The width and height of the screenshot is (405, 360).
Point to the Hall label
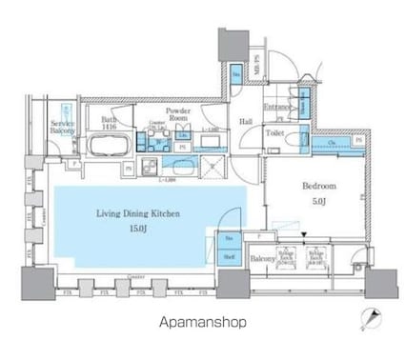pos(245,122)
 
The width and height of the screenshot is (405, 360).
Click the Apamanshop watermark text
pos(202,322)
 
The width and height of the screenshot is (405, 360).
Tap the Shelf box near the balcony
pos(230,255)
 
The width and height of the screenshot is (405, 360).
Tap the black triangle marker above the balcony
pos(303,234)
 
